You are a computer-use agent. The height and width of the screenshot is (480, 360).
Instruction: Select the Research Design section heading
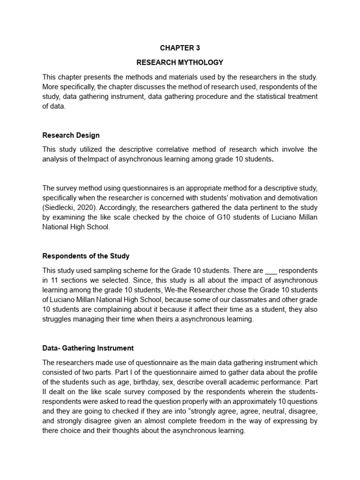point(71,135)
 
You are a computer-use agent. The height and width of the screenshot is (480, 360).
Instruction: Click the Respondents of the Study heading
point(86,256)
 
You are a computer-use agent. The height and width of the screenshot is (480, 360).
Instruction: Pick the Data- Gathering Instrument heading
point(88,348)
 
